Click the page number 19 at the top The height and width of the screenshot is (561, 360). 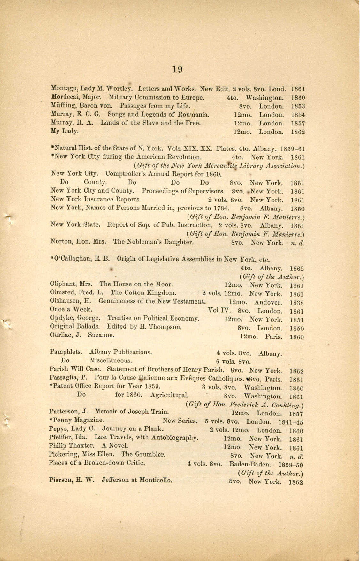click(177, 69)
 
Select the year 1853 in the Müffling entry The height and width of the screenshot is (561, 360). click(298, 106)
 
